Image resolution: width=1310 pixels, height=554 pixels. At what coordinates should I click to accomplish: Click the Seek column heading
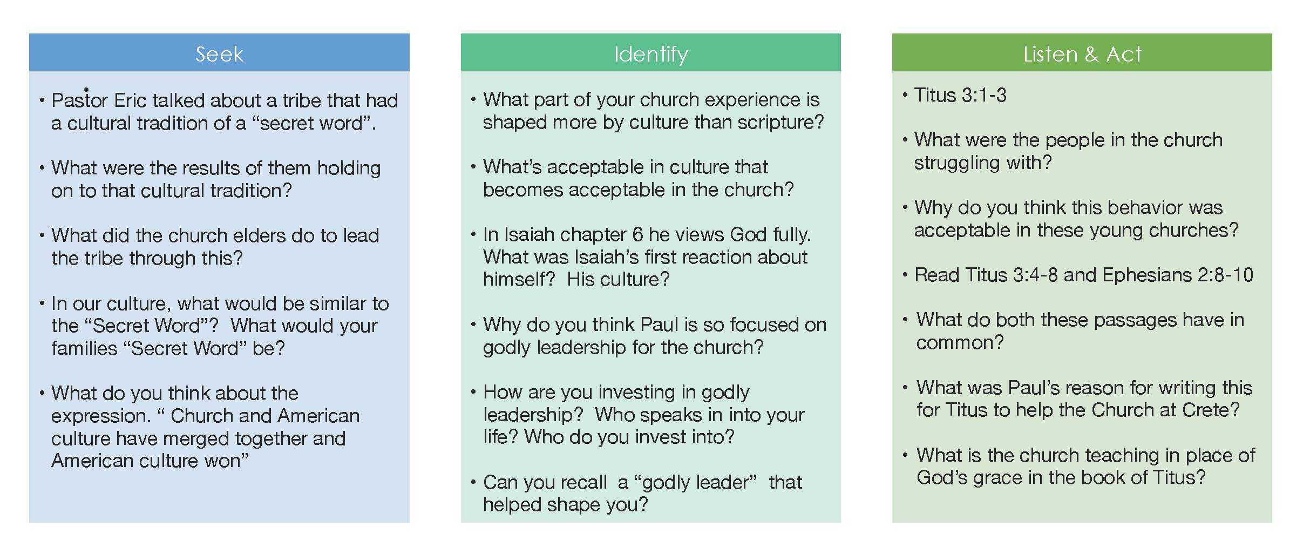point(219,54)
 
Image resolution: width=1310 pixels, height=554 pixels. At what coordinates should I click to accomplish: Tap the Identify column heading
point(651,55)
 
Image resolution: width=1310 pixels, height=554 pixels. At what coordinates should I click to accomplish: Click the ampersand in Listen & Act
point(1091,54)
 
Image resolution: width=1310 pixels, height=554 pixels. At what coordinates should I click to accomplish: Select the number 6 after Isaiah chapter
point(637,234)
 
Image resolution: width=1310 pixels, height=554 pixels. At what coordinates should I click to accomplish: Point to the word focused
point(764,325)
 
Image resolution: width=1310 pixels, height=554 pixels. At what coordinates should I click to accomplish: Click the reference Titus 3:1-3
point(960,95)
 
